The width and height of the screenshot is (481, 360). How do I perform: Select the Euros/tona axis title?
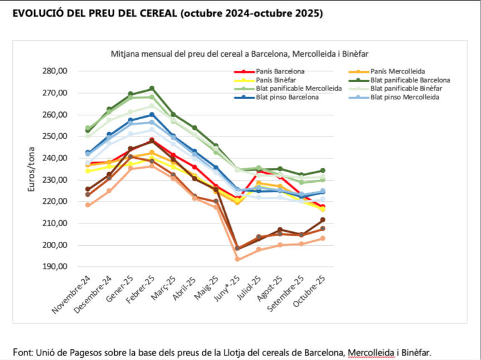(x=32, y=169)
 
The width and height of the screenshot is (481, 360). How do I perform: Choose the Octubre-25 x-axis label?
(x=310, y=292)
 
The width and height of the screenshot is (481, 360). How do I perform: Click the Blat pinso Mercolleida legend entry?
(x=405, y=98)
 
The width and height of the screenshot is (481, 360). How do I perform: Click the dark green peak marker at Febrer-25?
(x=152, y=89)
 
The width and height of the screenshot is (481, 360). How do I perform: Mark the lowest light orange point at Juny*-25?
(x=237, y=259)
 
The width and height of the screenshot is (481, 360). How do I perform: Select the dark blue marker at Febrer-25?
(x=152, y=115)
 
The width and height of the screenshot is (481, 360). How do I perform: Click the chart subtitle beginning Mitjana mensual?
(x=240, y=54)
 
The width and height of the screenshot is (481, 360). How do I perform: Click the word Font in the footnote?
(x=22, y=352)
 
